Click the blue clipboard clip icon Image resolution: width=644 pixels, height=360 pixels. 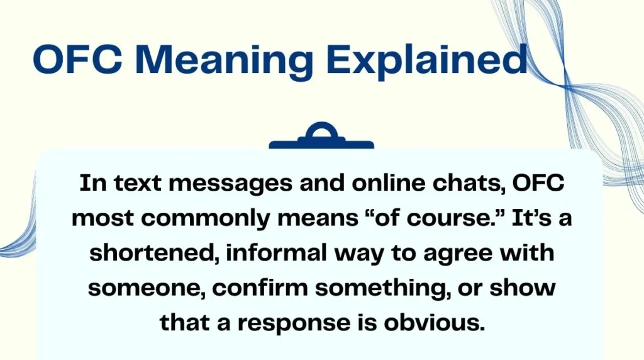pyautogui.click(x=321, y=137)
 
